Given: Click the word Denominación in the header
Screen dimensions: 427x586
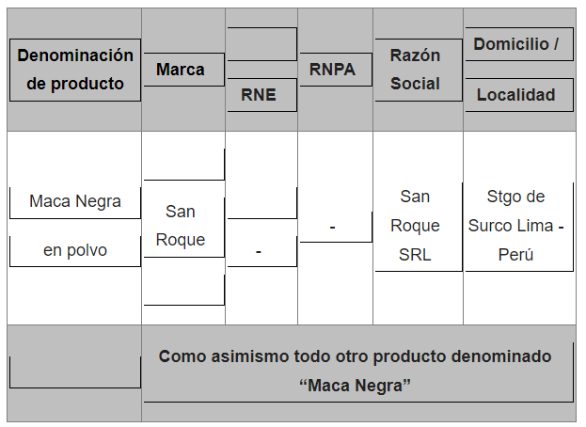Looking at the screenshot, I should pyautogui.click(x=75, y=55).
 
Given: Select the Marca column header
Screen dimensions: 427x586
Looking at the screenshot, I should pyautogui.click(x=181, y=70).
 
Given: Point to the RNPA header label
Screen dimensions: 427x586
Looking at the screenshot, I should pyautogui.click(x=333, y=69).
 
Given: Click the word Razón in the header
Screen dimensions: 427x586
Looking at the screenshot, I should pyautogui.click(x=415, y=55).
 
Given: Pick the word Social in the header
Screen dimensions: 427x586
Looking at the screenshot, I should pyautogui.click(x=415, y=83).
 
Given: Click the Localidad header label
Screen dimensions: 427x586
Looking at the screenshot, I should pyautogui.click(x=516, y=95).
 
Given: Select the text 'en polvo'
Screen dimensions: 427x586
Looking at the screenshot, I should pyautogui.click(x=75, y=250).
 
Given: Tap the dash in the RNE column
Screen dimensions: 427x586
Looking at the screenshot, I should pyautogui.click(x=259, y=251).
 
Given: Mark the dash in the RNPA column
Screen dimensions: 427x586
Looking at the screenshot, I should pyautogui.click(x=333, y=228).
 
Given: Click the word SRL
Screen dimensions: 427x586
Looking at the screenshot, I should pyautogui.click(x=415, y=254).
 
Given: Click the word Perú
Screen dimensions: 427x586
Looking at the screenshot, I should pyautogui.click(x=516, y=254).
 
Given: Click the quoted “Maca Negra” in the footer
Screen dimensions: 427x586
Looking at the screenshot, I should pyautogui.click(x=358, y=386).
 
